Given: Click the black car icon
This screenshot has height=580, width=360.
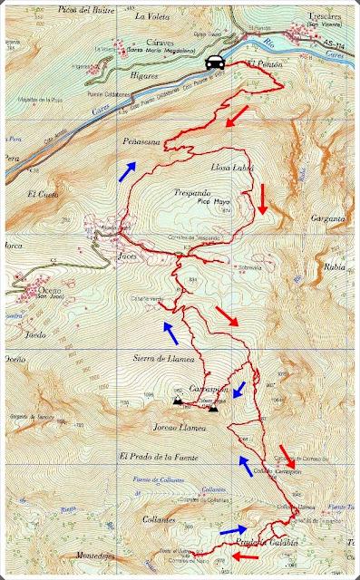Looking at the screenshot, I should (215, 62).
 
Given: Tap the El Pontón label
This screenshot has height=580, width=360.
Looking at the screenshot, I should (261, 65).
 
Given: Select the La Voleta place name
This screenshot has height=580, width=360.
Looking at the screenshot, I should (151, 16).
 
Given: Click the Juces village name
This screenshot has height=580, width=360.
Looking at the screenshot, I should (128, 256).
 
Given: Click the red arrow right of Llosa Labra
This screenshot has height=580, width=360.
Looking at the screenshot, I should (261, 198).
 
